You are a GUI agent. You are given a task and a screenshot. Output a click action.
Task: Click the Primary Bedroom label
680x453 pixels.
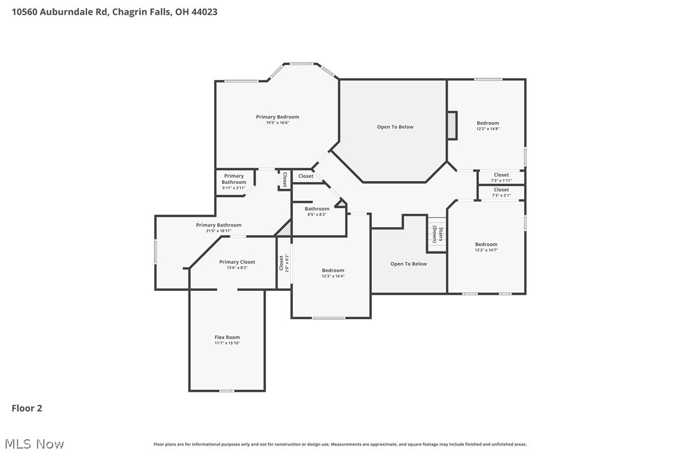tap(277, 117)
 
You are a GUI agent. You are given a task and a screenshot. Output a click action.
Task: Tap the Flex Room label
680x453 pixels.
tap(227, 337)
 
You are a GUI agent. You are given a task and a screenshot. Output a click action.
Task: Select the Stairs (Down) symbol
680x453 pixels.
tap(437, 235)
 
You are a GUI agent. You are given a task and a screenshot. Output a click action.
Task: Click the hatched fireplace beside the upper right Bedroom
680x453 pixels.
tap(451, 125)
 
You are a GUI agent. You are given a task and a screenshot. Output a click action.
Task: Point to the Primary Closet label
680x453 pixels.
tap(237, 262)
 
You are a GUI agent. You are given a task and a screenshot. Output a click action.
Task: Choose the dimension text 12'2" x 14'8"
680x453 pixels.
tap(488, 129)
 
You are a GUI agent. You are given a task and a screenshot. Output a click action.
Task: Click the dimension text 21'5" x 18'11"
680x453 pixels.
tap(219, 231)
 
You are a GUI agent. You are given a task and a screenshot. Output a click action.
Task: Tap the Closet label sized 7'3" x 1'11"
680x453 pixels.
tap(501, 175)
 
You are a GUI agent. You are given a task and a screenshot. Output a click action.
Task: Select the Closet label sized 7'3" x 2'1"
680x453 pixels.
tap(501, 190)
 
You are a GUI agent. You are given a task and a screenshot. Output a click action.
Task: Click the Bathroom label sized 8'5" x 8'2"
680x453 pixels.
tap(317, 209)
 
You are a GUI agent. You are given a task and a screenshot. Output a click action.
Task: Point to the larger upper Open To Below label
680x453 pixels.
tap(395, 127)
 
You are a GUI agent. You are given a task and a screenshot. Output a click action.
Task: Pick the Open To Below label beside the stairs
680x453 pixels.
tap(408, 264)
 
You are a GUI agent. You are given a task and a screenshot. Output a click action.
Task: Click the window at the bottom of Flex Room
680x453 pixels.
tap(227, 391)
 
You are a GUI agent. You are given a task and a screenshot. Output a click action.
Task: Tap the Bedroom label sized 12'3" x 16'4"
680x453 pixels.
tap(333, 270)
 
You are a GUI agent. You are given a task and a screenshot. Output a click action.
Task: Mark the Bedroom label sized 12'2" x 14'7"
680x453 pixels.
tap(486, 245)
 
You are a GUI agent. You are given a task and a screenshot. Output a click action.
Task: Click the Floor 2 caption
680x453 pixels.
tap(27, 409)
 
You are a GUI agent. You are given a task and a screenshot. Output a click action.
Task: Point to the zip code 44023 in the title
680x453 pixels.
tap(205, 12)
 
